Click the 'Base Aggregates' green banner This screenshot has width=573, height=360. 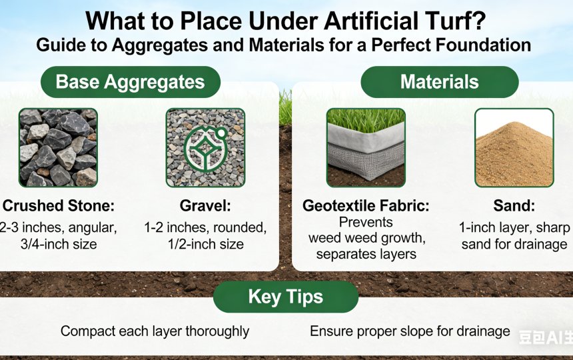coord(130,82)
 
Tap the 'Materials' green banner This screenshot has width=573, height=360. coord(439,82)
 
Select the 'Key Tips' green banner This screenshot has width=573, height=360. coord(285,297)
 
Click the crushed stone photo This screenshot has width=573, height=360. coord(58,147)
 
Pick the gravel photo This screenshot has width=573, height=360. coord(205,147)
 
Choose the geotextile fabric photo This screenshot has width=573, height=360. coord(366,147)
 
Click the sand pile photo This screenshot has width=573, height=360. coord(513,147)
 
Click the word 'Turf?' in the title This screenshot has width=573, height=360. coord(452,21)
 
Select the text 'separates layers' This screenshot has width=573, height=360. coord(366,254)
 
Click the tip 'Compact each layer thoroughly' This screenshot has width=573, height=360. coord(155,331)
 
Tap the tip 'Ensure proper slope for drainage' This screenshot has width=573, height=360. coord(410,331)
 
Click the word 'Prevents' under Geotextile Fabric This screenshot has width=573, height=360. coord(366,222)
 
